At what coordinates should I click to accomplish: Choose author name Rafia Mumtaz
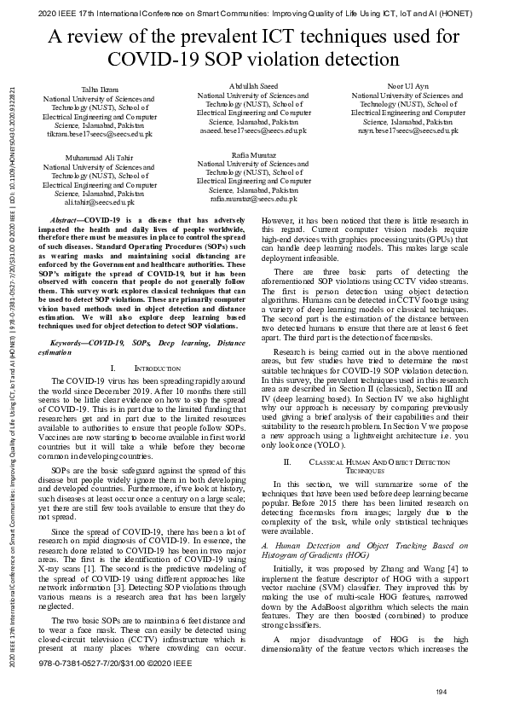(254, 154)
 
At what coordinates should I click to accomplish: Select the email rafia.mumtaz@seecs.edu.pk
(254, 198)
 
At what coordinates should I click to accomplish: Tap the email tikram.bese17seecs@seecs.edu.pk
(100, 134)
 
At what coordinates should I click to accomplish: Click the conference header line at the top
(254, 10)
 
